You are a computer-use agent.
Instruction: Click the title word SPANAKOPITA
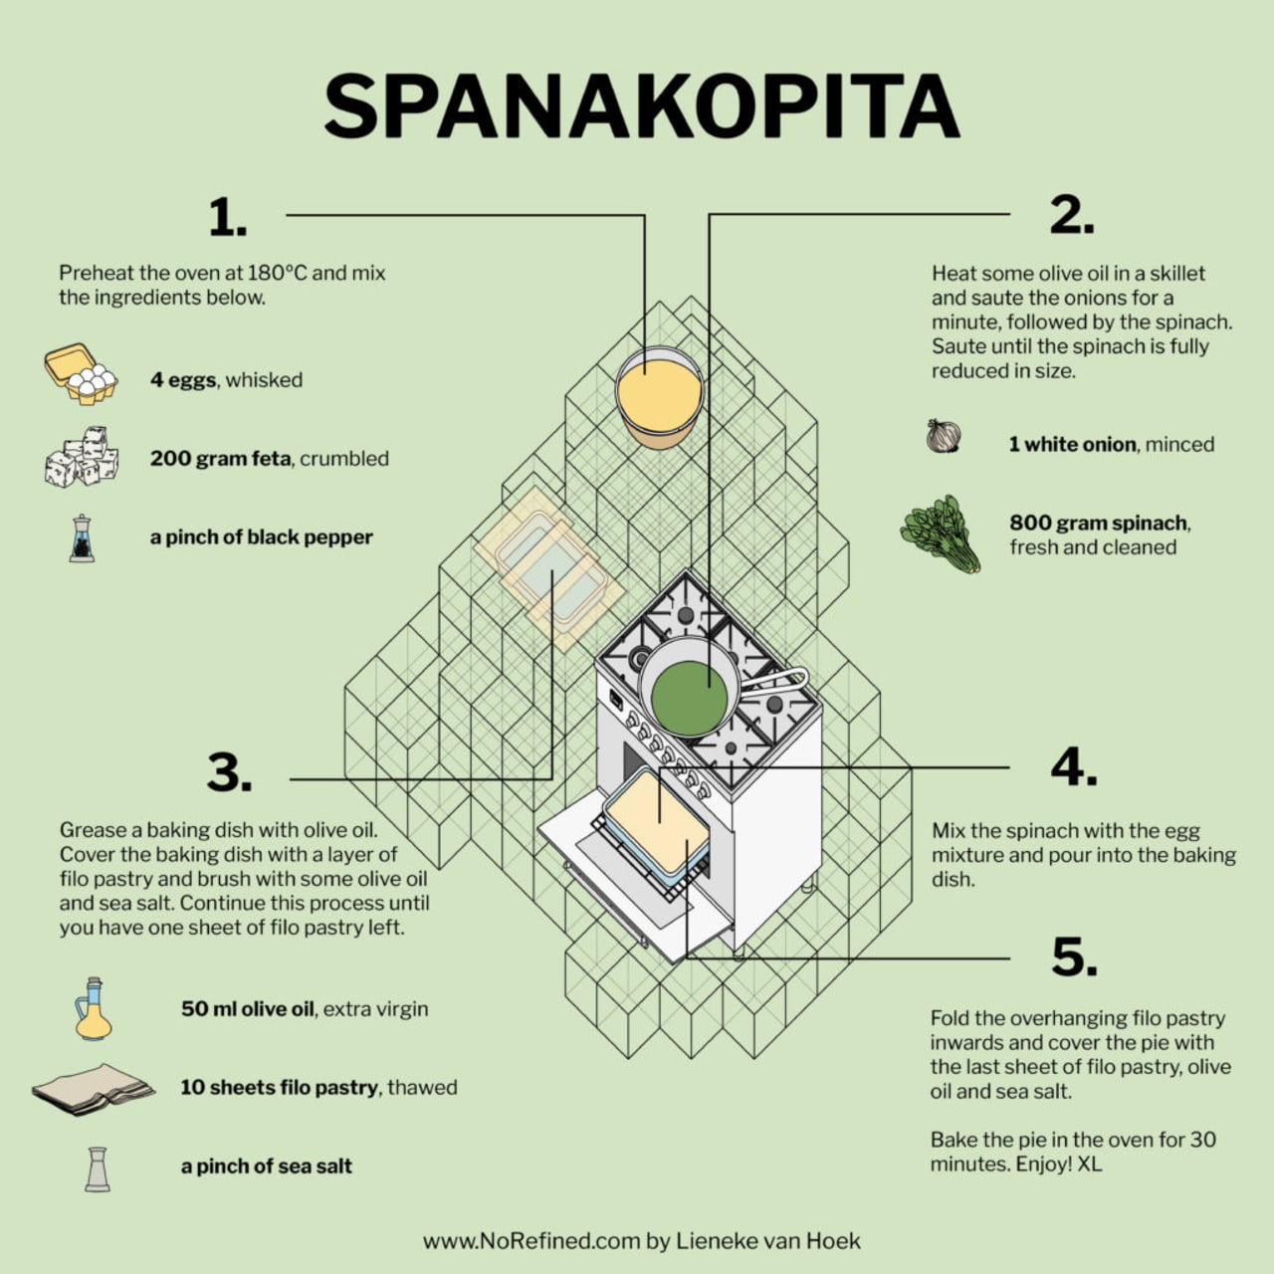pyautogui.click(x=641, y=106)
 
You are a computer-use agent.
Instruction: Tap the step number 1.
pyautogui.click(x=228, y=217)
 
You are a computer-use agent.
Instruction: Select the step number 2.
pyautogui.click(x=1072, y=216)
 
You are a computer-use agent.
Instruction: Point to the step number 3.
pyautogui.click(x=229, y=771)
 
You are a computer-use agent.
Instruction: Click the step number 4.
pyautogui.click(x=1074, y=767)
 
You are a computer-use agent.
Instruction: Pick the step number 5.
pyautogui.click(x=1074, y=956)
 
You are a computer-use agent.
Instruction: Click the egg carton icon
pyautogui.click(x=81, y=373)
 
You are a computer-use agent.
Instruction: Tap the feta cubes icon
pyautogui.click(x=82, y=457)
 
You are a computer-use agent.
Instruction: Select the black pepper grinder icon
pyautogui.click(x=82, y=538)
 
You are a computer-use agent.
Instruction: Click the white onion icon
pyautogui.click(x=944, y=436)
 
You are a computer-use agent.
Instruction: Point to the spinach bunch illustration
pyautogui.click(x=941, y=533)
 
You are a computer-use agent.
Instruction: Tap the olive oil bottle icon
pyautogui.click(x=94, y=1008)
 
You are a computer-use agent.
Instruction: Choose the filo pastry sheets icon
pyautogui.click(x=94, y=1089)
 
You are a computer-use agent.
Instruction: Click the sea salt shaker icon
pyautogui.click(x=98, y=1168)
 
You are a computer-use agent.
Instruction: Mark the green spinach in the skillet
pyautogui.click(x=689, y=698)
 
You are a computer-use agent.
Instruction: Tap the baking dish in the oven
pyautogui.click(x=657, y=826)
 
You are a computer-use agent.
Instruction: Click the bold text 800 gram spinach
pyautogui.click(x=1098, y=523)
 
